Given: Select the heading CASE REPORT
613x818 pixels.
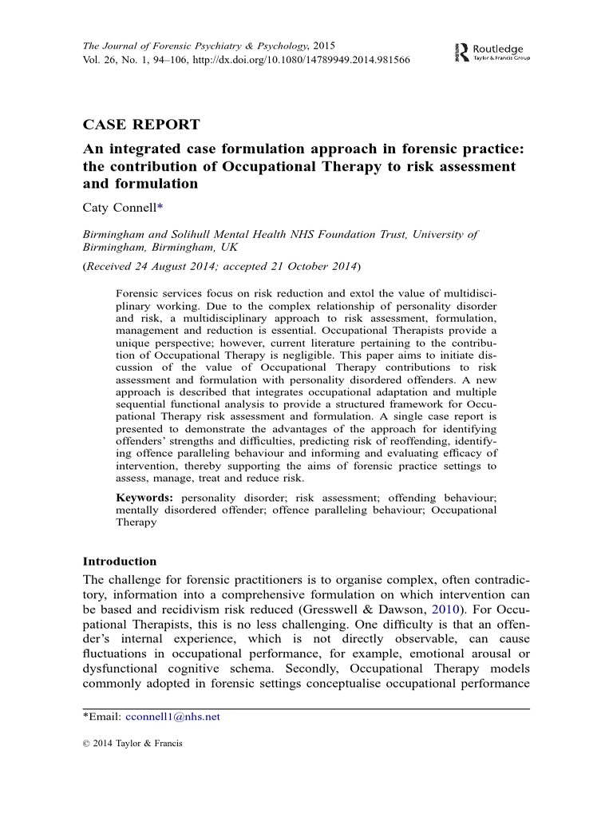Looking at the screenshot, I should pyautogui.click(x=141, y=125).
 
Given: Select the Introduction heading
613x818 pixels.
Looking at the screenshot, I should pyautogui.click(x=120, y=561).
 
